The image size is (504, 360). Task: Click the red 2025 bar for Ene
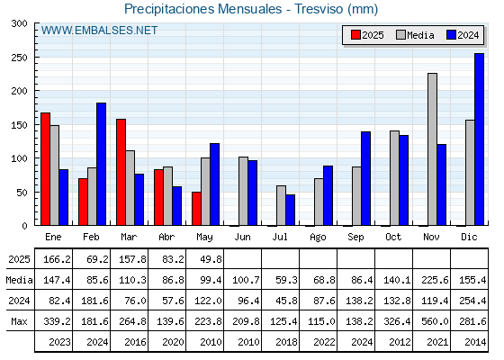pyautogui.click(x=45, y=169)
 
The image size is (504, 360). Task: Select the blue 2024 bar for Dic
pyautogui.click(x=479, y=139)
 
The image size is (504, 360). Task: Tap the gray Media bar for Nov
pyautogui.click(x=432, y=149)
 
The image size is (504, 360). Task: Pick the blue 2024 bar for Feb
pyautogui.click(x=101, y=164)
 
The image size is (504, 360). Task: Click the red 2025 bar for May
pyautogui.click(x=196, y=209)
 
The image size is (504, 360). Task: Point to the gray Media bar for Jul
pyautogui.click(x=281, y=205)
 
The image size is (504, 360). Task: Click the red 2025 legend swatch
pyautogui.click(x=355, y=35)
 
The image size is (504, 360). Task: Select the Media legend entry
pyautogui.click(x=415, y=35)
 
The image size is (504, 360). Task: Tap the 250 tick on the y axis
pyautogui.click(x=19, y=58)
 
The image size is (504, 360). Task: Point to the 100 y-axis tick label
pyautogui.click(x=19, y=158)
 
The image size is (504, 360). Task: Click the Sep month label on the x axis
pyautogui.click(x=355, y=237)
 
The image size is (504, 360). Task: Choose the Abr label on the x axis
pyautogui.click(x=166, y=237)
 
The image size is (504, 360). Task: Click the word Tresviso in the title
pyautogui.click(x=319, y=9)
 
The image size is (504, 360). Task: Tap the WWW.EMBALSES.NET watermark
pyautogui.click(x=99, y=31)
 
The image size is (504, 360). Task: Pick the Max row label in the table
pyautogui.click(x=19, y=321)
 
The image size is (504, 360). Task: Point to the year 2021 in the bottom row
pyautogui.click(x=437, y=342)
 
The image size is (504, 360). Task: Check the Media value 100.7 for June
pyautogui.click(x=246, y=280)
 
